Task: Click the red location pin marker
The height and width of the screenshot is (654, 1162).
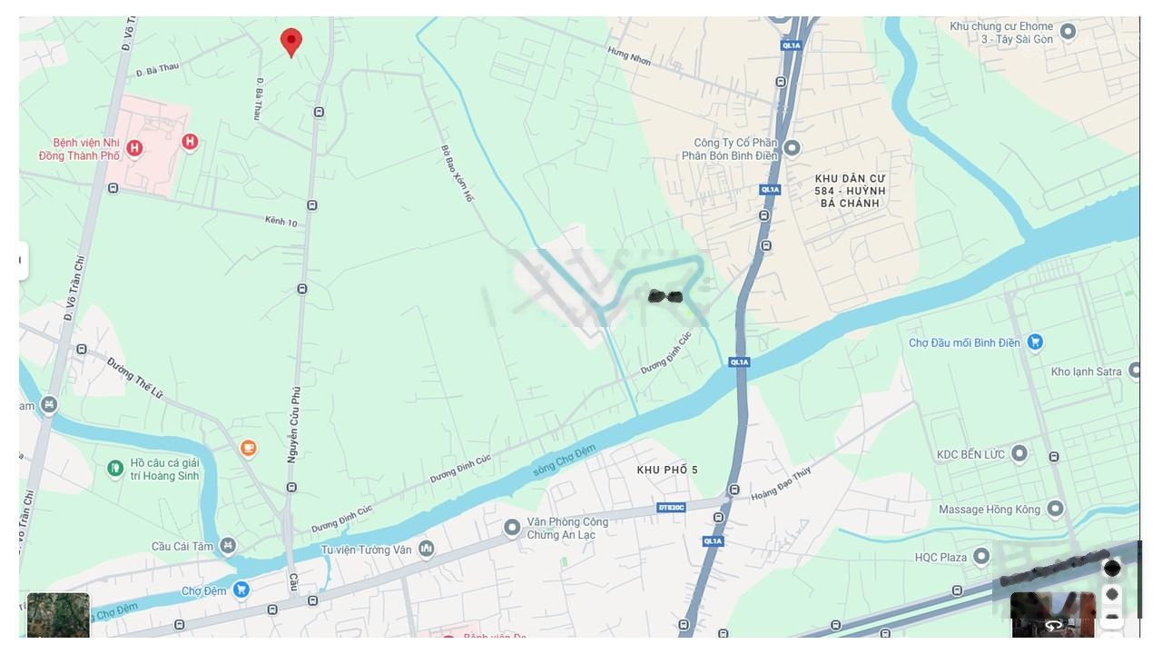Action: coord(290,41)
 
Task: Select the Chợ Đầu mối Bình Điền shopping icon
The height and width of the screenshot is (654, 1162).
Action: coord(1035,342)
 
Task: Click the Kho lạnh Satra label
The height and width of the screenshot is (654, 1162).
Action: coord(1086,372)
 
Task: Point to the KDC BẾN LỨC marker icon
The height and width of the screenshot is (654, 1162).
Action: coord(1019,453)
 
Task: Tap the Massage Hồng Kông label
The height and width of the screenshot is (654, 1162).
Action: coord(990,510)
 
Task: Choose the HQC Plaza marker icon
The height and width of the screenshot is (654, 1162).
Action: coord(981,556)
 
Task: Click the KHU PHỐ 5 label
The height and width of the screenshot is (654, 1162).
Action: coord(667,470)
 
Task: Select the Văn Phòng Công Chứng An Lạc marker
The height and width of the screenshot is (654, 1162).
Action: coord(512,528)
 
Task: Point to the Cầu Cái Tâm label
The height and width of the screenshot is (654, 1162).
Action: coord(182,546)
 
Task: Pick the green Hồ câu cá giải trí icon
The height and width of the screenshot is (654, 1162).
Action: coord(115,469)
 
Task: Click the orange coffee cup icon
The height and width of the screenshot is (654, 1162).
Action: coord(249,448)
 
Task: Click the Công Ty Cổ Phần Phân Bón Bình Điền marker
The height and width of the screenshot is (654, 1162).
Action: coord(792,148)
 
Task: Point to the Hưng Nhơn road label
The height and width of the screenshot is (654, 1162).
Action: coord(629,56)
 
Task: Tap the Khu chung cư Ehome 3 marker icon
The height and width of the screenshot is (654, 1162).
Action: coord(1068,33)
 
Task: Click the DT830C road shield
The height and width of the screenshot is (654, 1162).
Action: coord(672,507)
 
